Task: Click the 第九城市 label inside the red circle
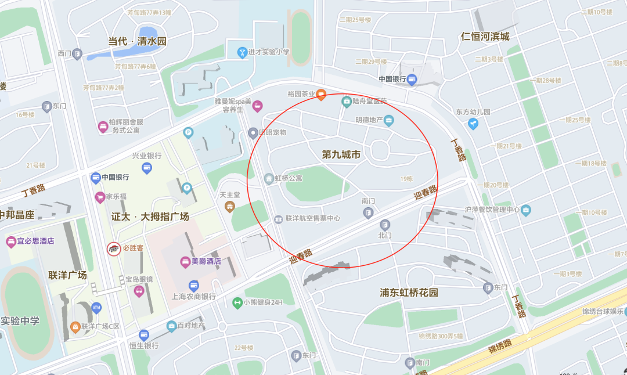pos(341,154)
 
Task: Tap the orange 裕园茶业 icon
pos(320,94)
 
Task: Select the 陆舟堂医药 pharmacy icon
pos(347,101)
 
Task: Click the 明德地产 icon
pos(389,120)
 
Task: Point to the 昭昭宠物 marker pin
pos(253,133)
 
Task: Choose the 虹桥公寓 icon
pos(268,178)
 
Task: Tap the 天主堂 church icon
pos(230,205)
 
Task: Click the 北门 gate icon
pos(384,225)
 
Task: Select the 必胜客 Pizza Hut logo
pos(113,249)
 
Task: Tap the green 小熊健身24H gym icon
pos(237,302)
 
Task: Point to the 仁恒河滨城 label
pos(485,37)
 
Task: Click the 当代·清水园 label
pos(138,41)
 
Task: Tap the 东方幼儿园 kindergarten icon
pos(473,123)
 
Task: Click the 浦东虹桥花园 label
pos(409,293)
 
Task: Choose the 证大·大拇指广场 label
pos(150,217)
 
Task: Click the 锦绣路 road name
pos(500,345)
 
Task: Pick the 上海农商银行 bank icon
pos(193,286)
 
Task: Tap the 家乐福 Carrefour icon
pos(99,197)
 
